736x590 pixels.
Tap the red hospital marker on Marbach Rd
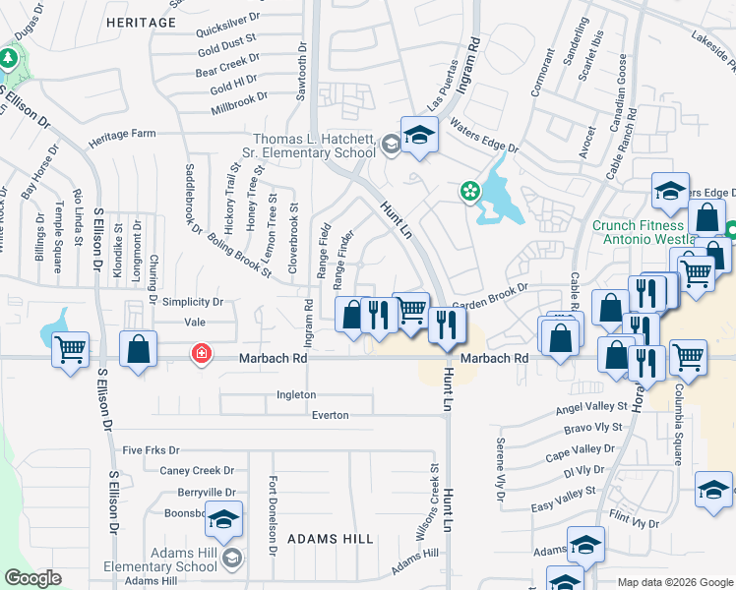[202, 352]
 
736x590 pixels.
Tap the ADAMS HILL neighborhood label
[330, 539]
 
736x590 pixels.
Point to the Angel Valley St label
[591, 406]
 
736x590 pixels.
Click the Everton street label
[330, 415]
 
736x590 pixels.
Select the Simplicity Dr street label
[193, 302]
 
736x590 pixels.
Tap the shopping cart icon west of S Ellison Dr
[70, 350]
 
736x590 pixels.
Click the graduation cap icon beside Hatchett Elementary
[419, 136]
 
